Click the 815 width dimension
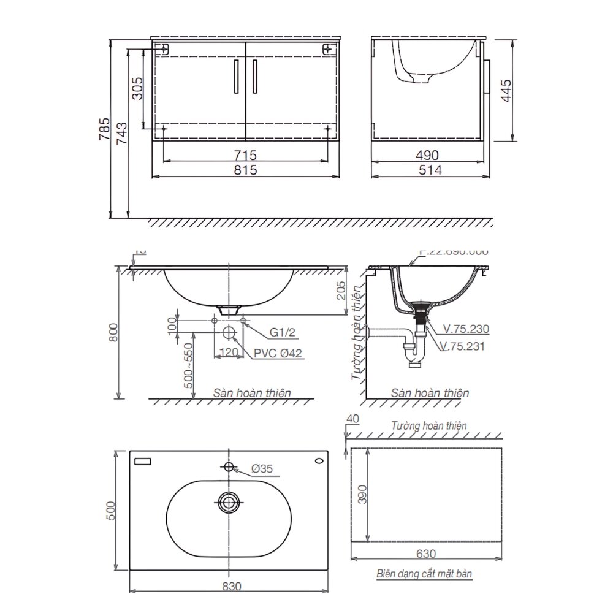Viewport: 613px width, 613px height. pos(246,170)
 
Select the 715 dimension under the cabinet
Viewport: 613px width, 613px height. pos(246,154)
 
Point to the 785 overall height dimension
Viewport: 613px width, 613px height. pos(105,130)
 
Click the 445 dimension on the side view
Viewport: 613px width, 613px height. pos(506,90)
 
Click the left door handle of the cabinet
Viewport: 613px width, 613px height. pos(236,77)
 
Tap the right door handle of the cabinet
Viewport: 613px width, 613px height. pos(253,77)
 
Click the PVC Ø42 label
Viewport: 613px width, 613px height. pos(277,353)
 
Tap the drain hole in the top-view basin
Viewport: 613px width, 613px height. pos(229,502)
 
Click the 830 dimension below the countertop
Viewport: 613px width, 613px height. pos(229,586)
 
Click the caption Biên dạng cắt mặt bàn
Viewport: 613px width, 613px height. pos(425,574)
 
